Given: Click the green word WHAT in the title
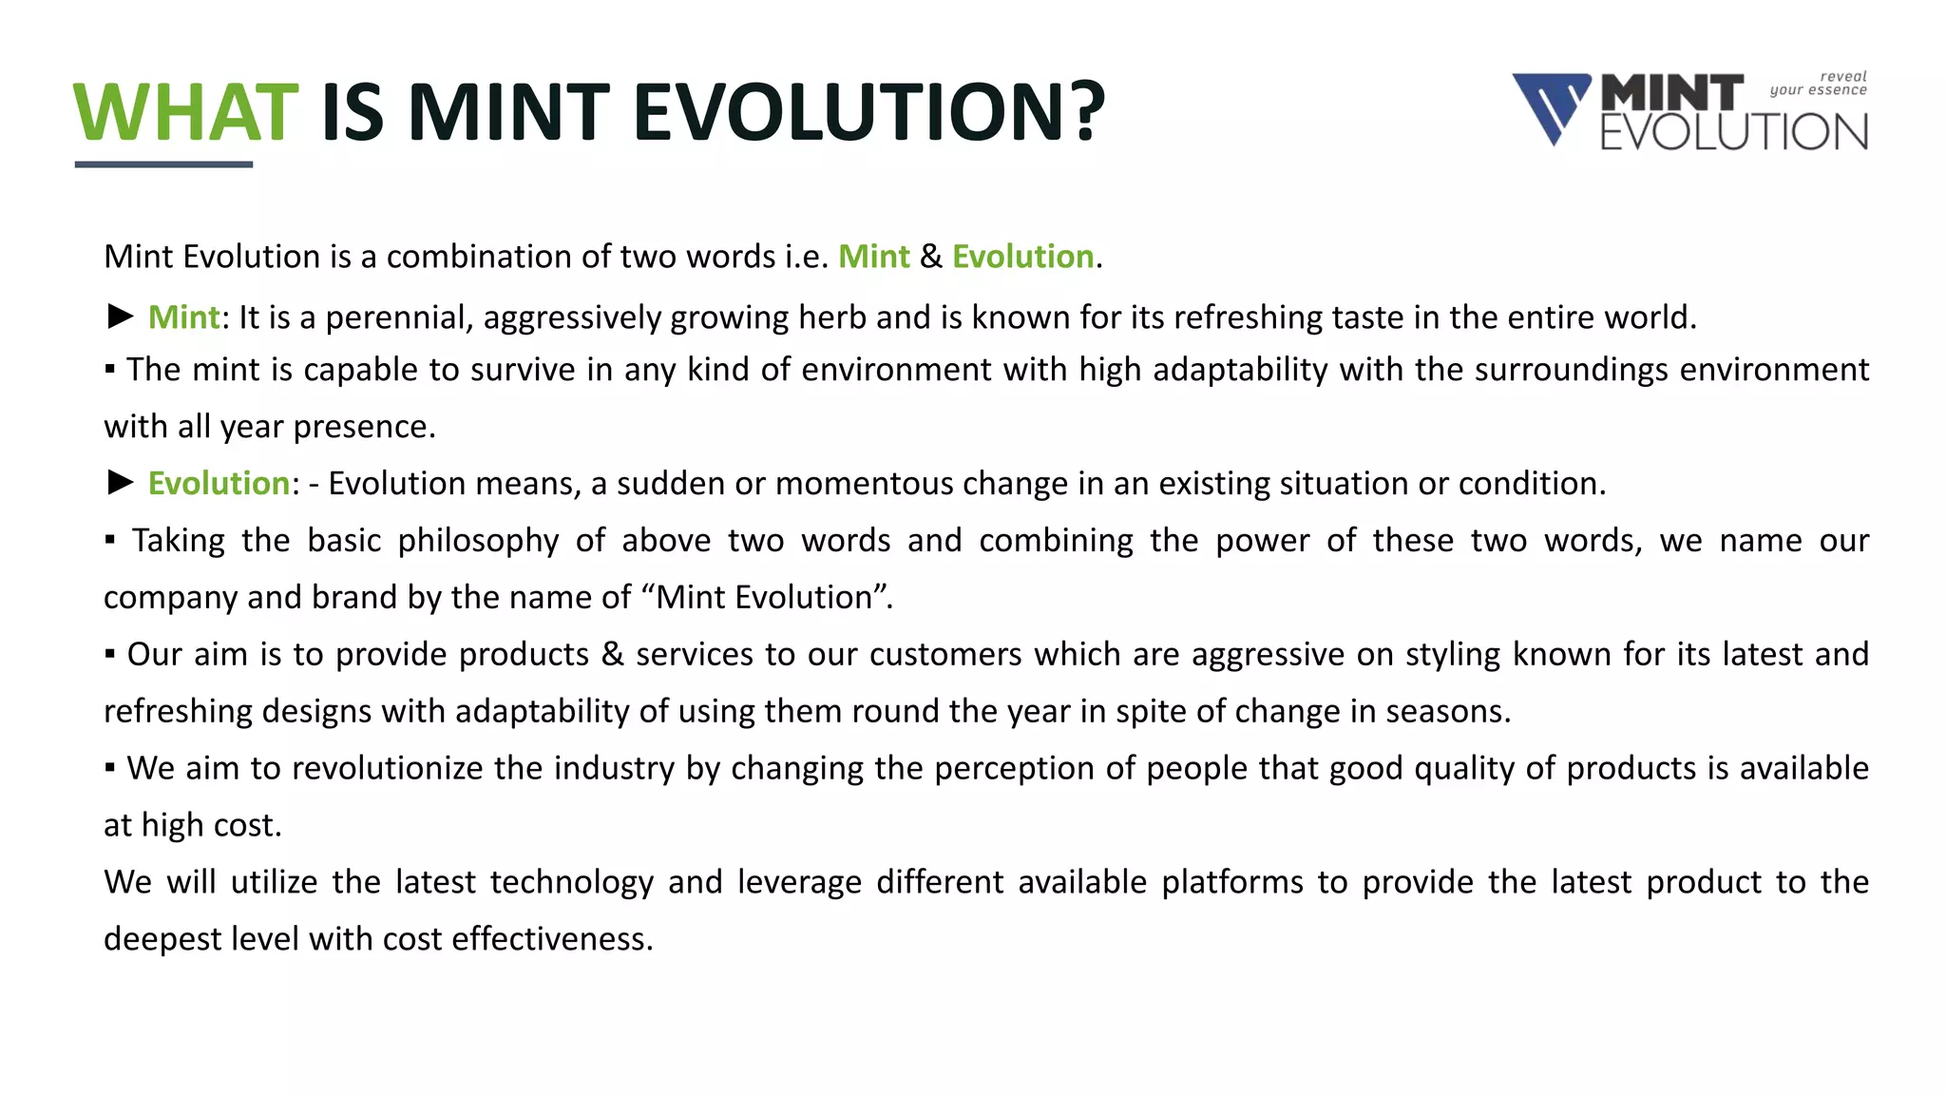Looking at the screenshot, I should (x=186, y=112).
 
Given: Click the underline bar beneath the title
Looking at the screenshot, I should (x=163, y=164).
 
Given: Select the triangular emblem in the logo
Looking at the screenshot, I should (x=1551, y=107).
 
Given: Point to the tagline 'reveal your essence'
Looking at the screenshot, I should (x=1819, y=84).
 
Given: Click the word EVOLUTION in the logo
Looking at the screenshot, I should (x=1734, y=132).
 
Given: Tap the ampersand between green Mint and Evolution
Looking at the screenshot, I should (x=931, y=257).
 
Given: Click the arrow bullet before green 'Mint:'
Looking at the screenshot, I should (x=120, y=317).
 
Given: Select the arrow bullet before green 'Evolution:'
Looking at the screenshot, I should (x=120, y=483).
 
